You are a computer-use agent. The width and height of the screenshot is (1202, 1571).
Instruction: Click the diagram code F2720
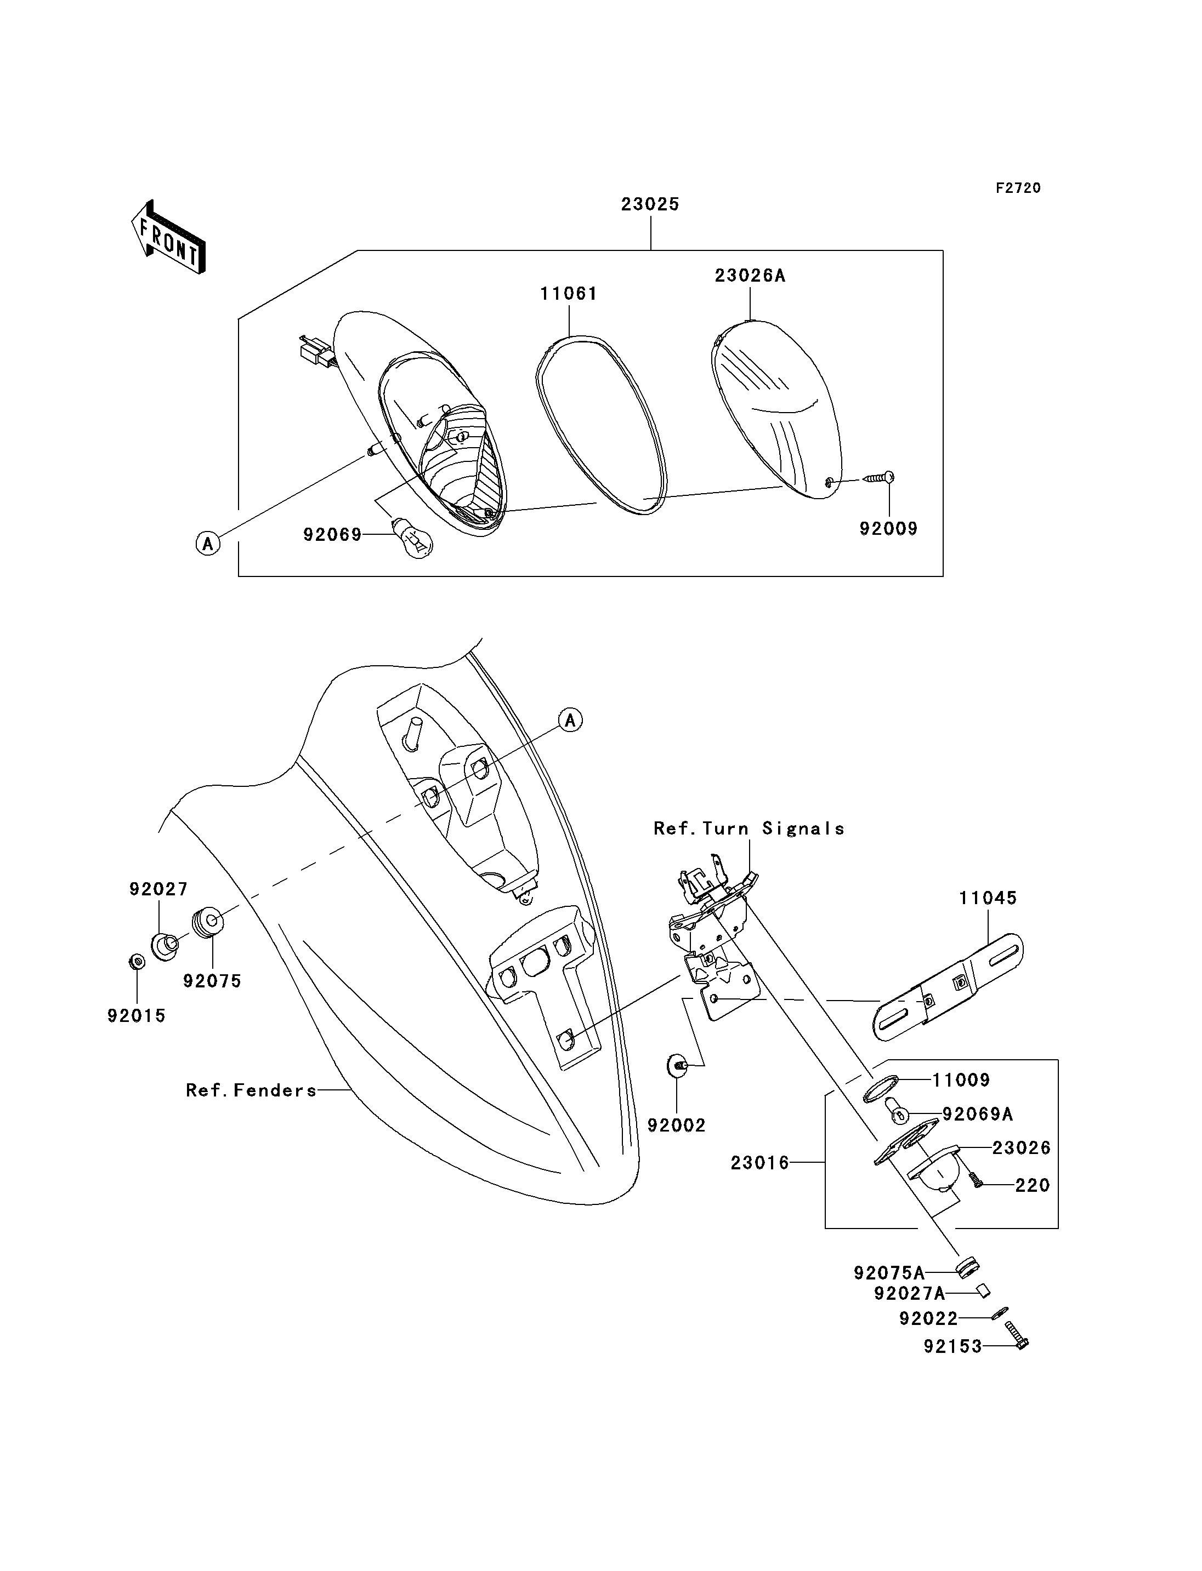(1018, 188)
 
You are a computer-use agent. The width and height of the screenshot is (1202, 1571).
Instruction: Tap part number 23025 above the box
(650, 204)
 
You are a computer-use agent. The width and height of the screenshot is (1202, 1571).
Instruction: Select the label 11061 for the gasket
(569, 294)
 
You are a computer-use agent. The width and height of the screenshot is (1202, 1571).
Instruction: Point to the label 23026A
(750, 276)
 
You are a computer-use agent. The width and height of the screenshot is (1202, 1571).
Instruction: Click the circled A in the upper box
(207, 544)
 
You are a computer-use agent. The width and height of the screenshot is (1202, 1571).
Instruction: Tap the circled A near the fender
(570, 720)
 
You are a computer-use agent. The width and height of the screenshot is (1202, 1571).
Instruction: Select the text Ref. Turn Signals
(749, 829)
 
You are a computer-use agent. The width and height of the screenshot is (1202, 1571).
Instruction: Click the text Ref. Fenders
(251, 1090)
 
